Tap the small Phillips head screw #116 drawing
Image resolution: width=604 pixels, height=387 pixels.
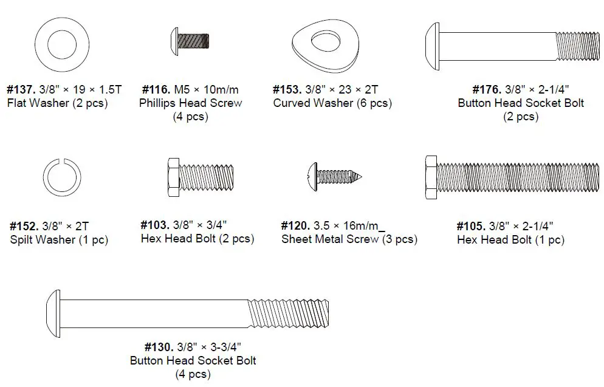click(190, 41)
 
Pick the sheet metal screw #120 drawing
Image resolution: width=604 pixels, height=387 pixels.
click(335, 177)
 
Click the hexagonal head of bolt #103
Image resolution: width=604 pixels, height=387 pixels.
click(173, 177)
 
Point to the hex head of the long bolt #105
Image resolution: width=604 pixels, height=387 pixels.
click(431, 177)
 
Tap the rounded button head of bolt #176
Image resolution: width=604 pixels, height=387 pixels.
click(432, 46)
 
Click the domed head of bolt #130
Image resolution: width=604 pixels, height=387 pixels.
click(53, 314)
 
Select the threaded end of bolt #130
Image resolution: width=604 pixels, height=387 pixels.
click(289, 313)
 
